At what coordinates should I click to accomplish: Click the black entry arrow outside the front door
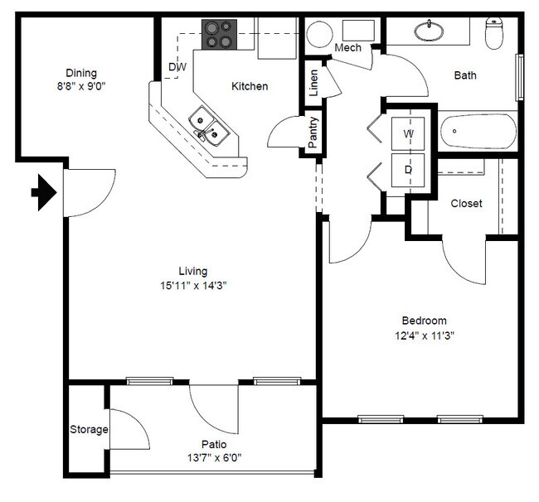point(44,192)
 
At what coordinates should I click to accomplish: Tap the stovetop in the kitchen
point(219,34)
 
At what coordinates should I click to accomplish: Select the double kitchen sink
point(209,126)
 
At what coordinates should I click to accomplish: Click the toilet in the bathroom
point(494,33)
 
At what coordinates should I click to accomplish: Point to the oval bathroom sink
point(429,31)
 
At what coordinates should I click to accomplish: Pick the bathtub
point(478,132)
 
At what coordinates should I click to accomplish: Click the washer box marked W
point(408,133)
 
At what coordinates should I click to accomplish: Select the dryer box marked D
point(408,170)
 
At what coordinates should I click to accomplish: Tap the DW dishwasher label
point(177,66)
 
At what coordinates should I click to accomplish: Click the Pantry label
point(313,133)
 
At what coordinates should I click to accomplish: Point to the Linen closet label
point(313,83)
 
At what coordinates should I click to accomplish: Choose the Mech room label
point(348,47)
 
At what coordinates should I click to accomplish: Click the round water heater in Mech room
point(320,34)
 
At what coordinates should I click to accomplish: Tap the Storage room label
point(89,430)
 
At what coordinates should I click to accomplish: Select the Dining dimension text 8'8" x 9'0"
point(81,86)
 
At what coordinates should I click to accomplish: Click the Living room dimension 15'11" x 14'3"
point(193,285)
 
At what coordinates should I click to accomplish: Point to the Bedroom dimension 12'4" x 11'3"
point(425,335)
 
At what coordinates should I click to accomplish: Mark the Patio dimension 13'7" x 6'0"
point(214,458)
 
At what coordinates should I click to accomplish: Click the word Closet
point(467,203)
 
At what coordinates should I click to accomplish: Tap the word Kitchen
point(250,86)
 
